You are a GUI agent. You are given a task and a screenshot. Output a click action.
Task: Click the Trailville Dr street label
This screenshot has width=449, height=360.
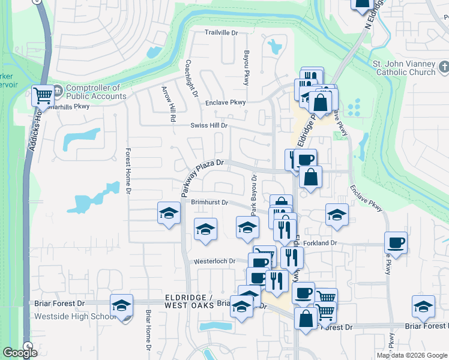coord(221,32)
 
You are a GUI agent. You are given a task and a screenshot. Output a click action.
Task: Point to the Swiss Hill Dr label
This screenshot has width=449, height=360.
coord(209,125)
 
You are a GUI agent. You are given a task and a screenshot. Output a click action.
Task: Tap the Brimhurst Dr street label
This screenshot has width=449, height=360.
coord(209,203)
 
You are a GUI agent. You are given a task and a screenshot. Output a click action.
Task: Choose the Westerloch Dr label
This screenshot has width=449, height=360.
coord(220,262)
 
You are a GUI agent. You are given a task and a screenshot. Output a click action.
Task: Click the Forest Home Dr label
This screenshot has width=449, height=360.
coord(128,172)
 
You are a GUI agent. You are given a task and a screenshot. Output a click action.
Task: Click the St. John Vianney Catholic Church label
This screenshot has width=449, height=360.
coord(403,68)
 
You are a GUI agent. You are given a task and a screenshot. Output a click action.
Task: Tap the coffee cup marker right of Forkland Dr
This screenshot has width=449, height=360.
coord(396,242)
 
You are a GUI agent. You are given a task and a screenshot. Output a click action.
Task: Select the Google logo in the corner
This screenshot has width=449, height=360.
coord(20,353)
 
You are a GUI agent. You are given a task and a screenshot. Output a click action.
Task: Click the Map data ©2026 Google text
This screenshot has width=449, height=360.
coord(412,355)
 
